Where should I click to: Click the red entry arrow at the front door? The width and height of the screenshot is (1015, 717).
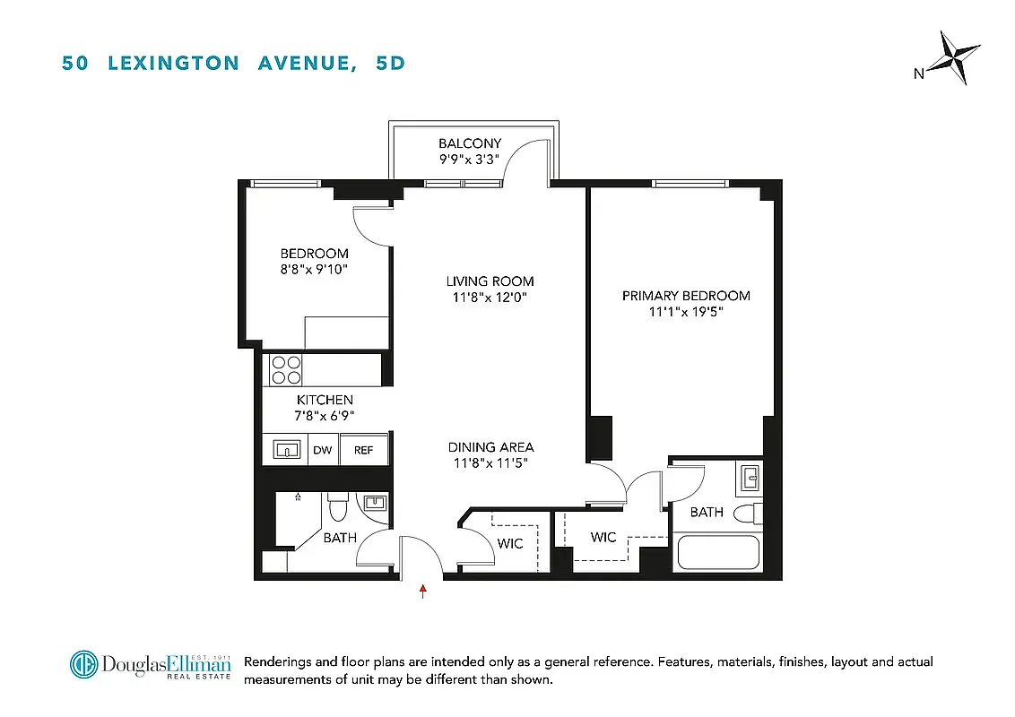coord(422,591)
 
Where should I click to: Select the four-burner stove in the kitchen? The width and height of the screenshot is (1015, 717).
coord(286,369)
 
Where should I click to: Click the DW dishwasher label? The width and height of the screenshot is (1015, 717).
coord(323,450)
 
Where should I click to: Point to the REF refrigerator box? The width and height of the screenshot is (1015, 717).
coord(363,450)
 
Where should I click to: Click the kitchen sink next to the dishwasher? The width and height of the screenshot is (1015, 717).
coord(286,449)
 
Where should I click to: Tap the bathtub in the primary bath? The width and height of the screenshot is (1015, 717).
coord(718,552)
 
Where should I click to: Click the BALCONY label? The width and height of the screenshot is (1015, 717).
coord(470,143)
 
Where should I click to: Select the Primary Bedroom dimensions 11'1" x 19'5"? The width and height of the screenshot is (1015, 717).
coord(686,312)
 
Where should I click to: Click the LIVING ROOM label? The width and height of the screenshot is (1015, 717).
coord(490,281)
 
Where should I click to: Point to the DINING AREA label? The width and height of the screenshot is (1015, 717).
coord(491,447)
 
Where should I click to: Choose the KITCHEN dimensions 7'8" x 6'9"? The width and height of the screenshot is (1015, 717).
coord(325,416)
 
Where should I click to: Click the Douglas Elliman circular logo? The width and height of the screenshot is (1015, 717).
coord(84,664)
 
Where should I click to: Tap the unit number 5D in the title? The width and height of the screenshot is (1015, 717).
coord(391,63)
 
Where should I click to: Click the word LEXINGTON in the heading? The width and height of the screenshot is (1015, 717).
coord(173,63)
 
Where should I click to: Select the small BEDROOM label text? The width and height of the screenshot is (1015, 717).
coord(314,254)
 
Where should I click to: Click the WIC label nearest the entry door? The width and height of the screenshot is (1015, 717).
coord(510,543)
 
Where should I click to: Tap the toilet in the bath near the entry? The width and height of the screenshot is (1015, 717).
coord(338,508)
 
